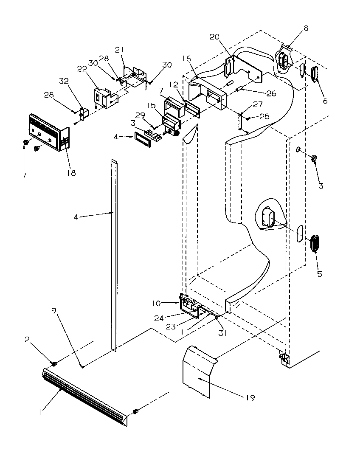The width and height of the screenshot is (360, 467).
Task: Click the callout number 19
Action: pyautogui.click(x=250, y=398)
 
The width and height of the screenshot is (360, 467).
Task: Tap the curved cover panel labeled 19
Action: pyautogui.click(x=197, y=371)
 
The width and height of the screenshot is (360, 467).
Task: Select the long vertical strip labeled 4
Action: pyautogui.click(x=114, y=255)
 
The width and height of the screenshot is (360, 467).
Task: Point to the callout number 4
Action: pyautogui.click(x=76, y=217)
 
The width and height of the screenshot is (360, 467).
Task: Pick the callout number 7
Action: pyautogui.click(x=24, y=175)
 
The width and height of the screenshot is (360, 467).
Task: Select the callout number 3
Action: pyautogui.click(x=321, y=186)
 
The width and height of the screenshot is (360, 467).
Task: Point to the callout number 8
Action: pyautogui.click(x=306, y=28)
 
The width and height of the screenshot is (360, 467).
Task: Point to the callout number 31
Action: pyautogui.click(x=223, y=333)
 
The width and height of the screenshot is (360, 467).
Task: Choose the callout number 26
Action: pyautogui.click(x=271, y=93)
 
